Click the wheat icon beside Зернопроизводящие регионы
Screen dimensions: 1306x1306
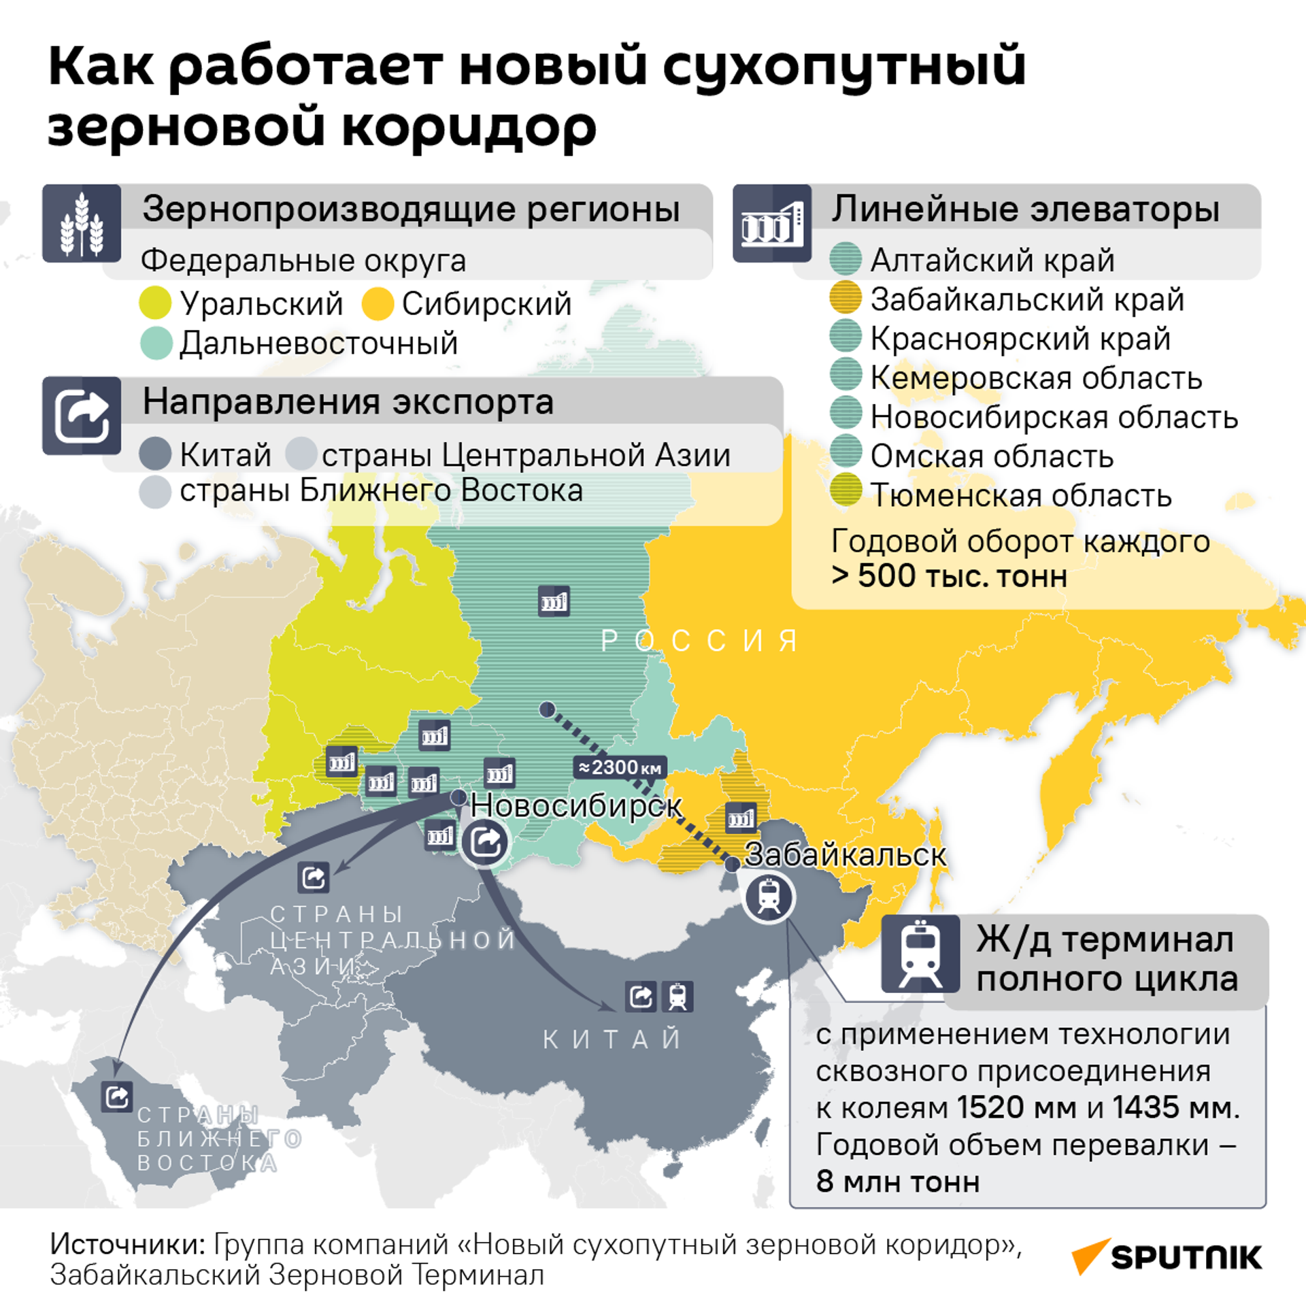[82, 224]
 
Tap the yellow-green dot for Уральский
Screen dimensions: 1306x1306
[155, 303]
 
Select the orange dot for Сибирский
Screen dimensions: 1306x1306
[378, 303]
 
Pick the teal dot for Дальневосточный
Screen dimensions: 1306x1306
[156, 343]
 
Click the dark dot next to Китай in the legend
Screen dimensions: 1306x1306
[155, 454]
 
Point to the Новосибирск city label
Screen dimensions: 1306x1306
[576, 806]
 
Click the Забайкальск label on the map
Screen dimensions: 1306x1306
[845, 855]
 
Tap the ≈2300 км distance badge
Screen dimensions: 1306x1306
[619, 767]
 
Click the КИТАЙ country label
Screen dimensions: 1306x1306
[612, 1039]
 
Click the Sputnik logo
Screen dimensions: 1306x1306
[1167, 1257]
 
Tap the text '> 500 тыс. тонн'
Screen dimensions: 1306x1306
[949, 576]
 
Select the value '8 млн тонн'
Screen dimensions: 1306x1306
[898, 1182]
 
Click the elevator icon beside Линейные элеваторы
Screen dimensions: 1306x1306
[772, 224]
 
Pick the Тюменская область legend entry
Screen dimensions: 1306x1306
[1020, 495]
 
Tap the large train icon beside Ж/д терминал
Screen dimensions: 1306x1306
[921, 953]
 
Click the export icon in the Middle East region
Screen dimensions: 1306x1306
[117, 1096]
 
